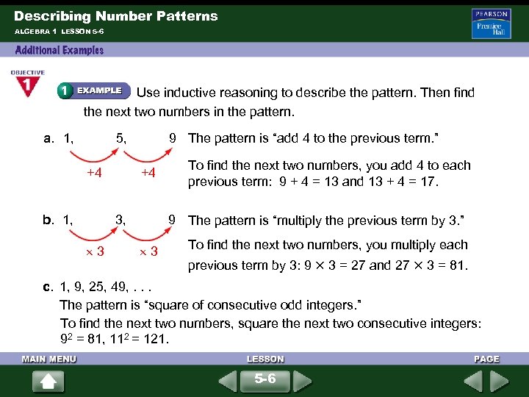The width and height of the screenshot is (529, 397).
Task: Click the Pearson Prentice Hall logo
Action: (x=492, y=24)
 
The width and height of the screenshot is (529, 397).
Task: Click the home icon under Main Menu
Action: (x=48, y=382)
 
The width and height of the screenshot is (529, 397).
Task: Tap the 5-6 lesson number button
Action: (x=265, y=380)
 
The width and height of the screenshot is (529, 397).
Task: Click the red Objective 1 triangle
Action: (x=26, y=85)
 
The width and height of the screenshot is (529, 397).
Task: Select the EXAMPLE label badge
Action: (x=93, y=90)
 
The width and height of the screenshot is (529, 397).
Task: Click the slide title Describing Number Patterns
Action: (x=116, y=15)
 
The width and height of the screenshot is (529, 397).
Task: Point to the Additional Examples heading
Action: (x=60, y=50)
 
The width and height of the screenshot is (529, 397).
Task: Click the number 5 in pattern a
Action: (x=121, y=137)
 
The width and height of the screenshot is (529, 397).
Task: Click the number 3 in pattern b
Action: (x=121, y=219)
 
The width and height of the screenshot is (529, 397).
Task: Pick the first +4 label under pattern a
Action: (x=93, y=173)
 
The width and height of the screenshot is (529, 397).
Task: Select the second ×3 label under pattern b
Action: (x=149, y=252)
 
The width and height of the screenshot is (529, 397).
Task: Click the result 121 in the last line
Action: (x=156, y=340)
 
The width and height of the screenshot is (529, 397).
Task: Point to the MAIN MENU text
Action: (x=49, y=359)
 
